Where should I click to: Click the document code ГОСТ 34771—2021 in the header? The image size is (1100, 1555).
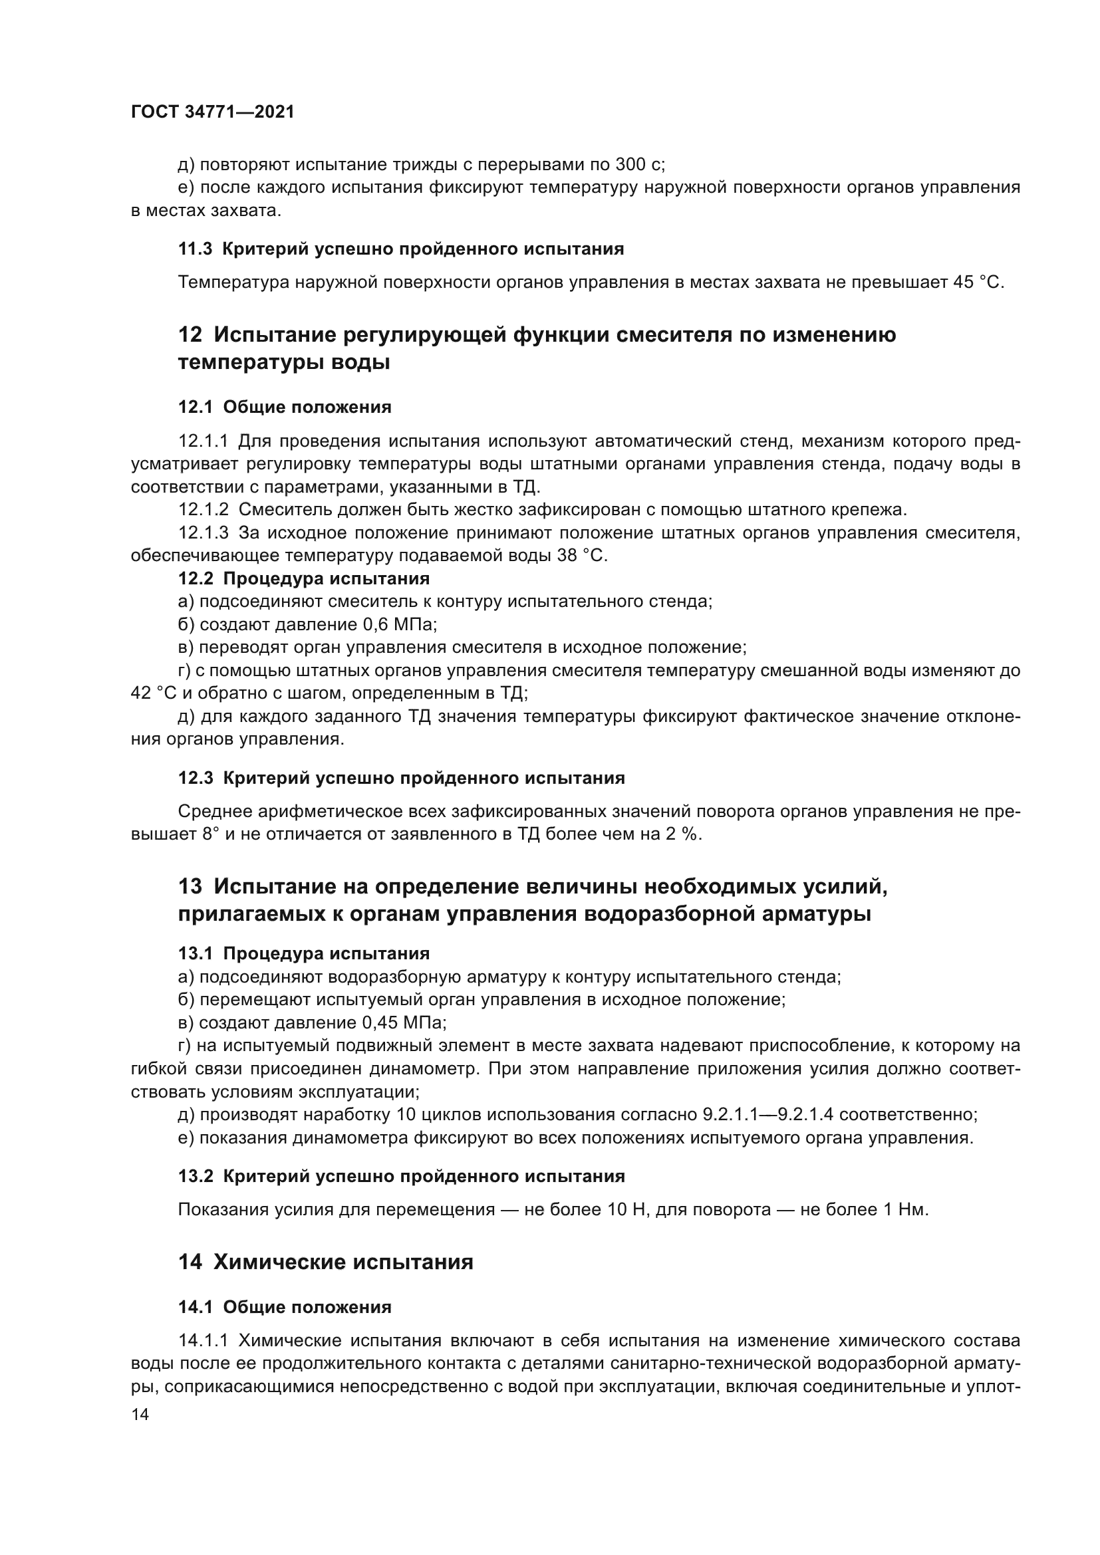coord(213,112)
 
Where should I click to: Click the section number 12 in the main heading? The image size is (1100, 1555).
coord(190,334)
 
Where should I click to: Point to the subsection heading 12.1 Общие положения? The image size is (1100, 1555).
coord(285,407)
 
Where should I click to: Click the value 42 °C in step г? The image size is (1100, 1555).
coord(152,693)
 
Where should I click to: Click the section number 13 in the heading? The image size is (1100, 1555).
coord(190,886)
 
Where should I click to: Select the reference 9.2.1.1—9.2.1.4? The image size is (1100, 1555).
coord(766,1115)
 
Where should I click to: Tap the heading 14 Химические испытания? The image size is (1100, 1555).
coord(325,1262)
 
